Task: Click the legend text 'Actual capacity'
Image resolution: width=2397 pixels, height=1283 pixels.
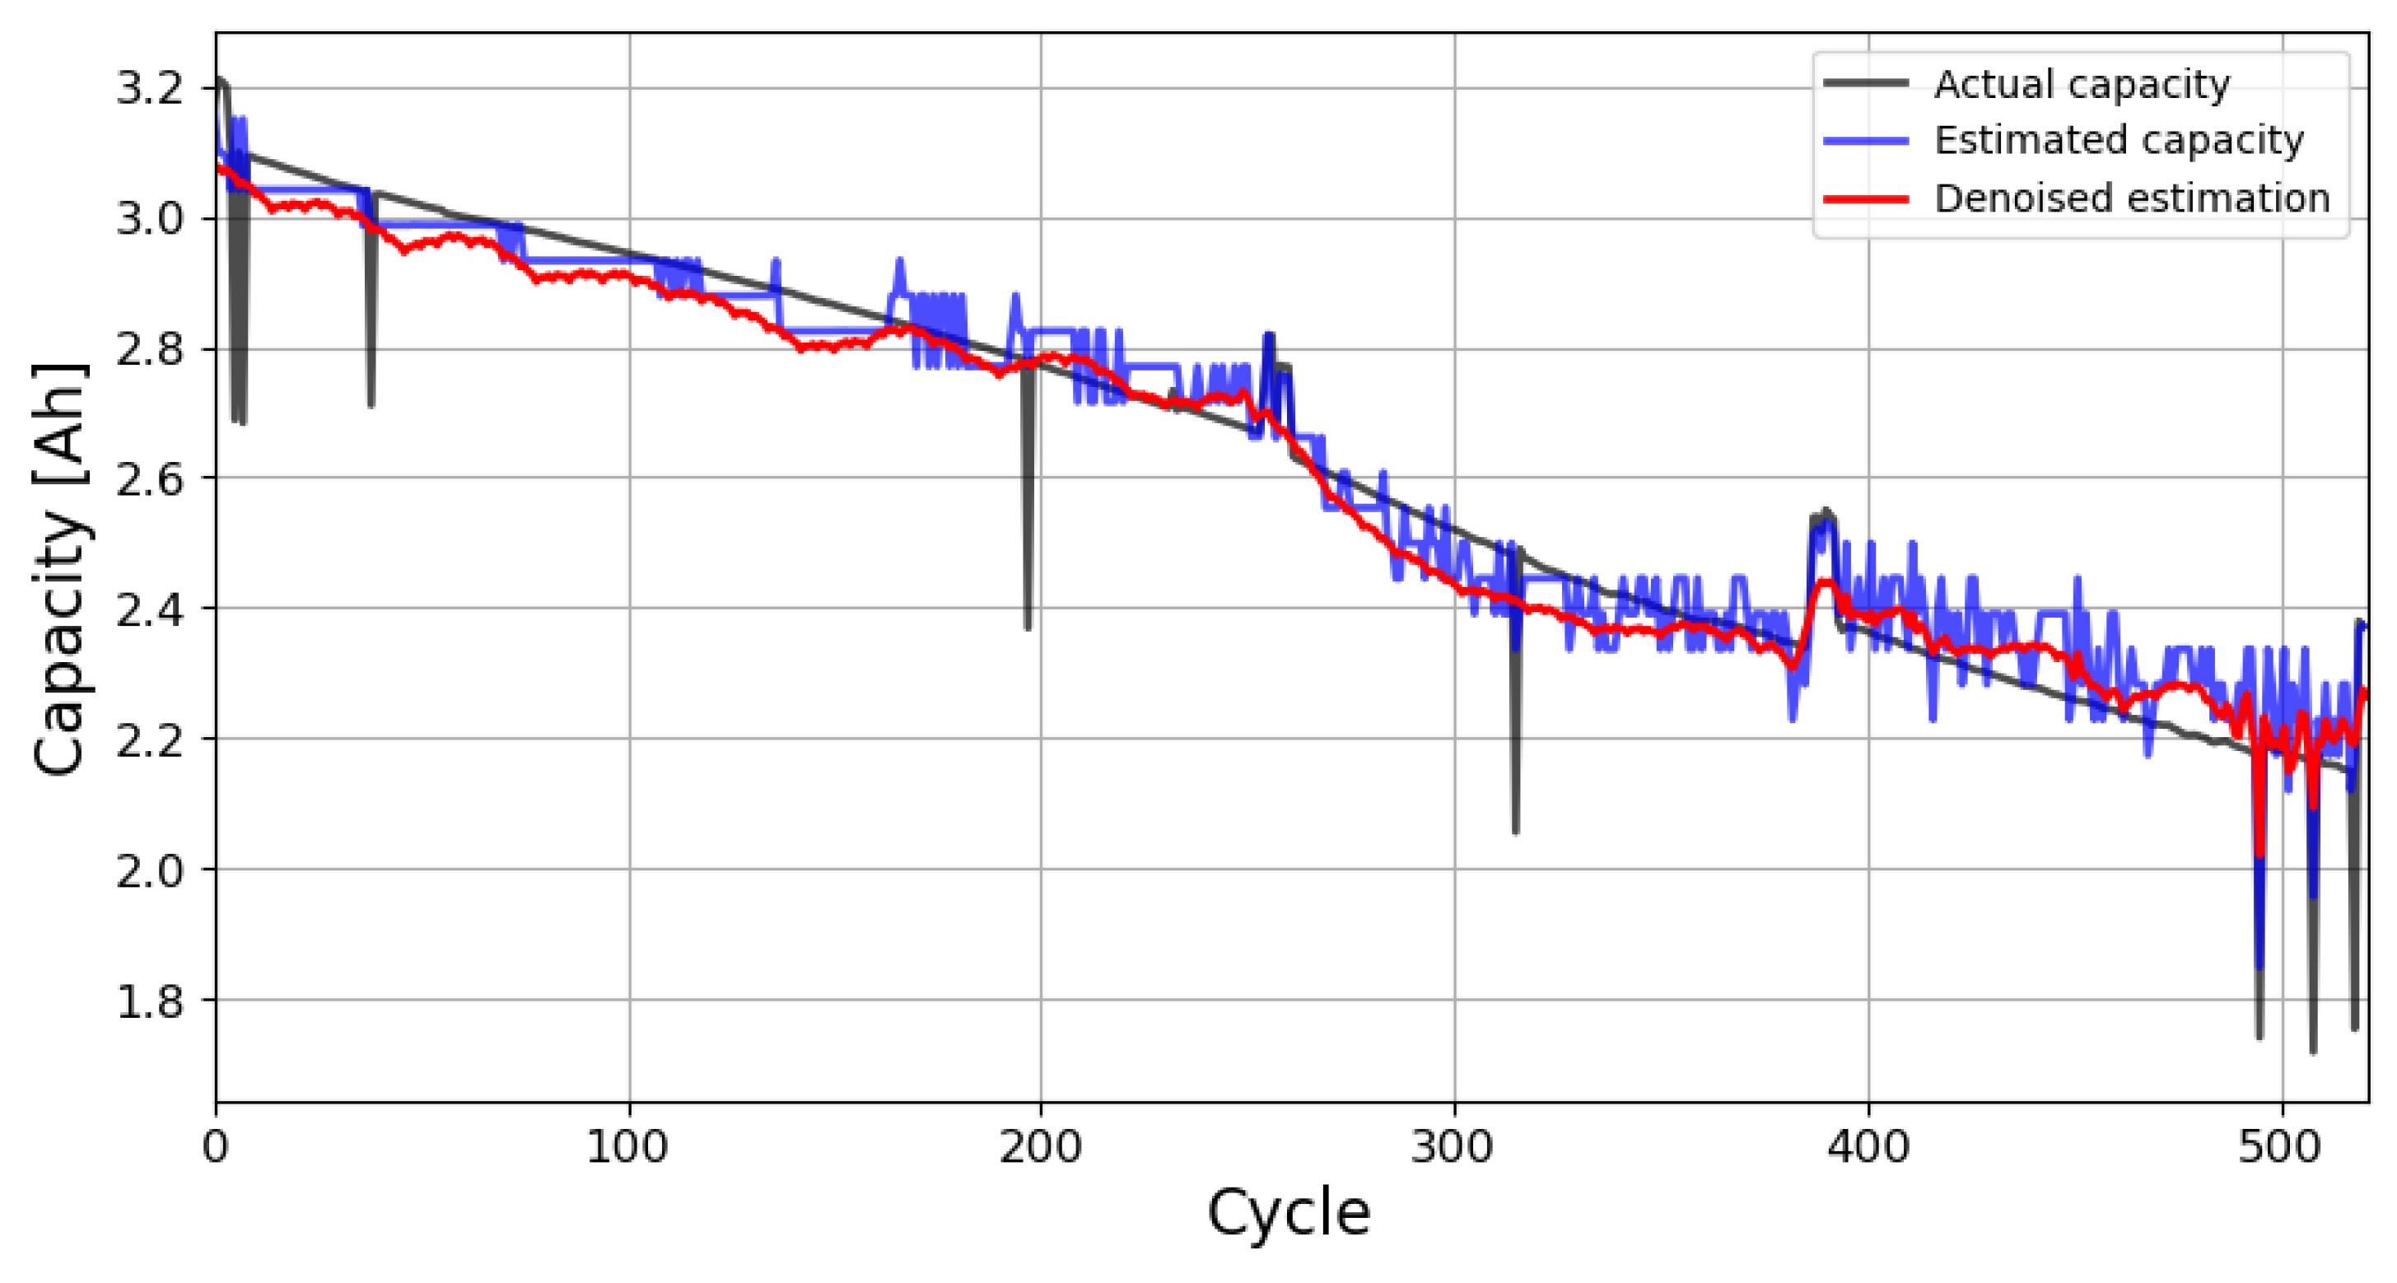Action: click(2081, 85)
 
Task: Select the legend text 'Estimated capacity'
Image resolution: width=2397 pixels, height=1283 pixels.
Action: click(2118, 141)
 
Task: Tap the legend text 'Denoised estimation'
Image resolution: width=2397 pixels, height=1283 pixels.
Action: click(2131, 198)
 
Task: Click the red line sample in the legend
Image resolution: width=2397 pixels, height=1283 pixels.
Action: click(1865, 199)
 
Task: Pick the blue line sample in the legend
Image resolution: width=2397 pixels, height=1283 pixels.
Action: click(1865, 142)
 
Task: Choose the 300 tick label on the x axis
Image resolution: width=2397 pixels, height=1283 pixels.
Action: click(1453, 1147)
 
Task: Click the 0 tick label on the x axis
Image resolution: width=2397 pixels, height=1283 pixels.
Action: click(215, 1147)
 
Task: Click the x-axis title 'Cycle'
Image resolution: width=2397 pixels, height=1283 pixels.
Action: click(1289, 1213)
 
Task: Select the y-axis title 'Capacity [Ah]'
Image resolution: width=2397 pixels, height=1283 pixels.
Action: click(60, 567)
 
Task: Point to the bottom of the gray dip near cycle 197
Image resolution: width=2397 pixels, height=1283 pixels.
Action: click(1028, 628)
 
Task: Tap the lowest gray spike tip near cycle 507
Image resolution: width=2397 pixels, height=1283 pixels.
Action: click(2313, 1052)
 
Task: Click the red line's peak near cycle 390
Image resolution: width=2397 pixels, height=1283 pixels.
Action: click(1826, 582)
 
